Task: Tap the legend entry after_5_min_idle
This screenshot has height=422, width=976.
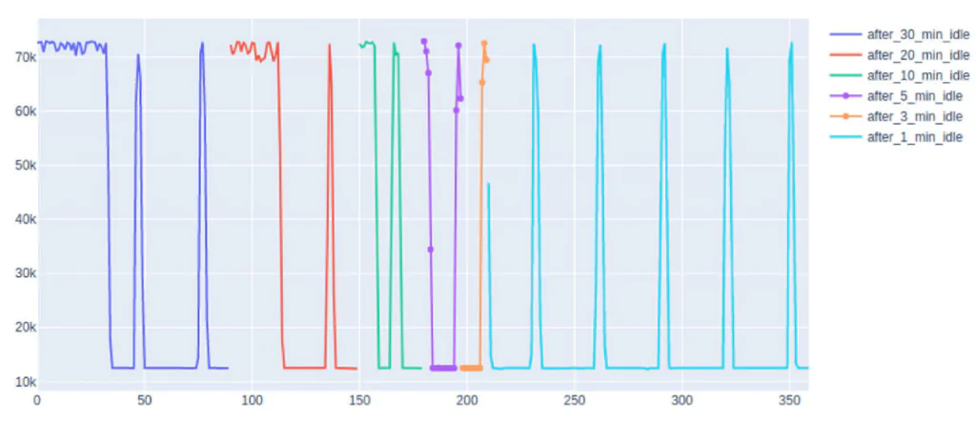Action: tap(910, 96)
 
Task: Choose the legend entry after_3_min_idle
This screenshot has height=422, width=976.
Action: tap(910, 116)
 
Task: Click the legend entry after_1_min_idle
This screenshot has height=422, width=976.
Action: tap(910, 137)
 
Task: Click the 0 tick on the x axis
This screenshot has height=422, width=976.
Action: tap(37, 401)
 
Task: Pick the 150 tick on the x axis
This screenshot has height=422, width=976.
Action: tap(359, 401)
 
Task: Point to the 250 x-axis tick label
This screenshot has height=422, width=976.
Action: tap(574, 401)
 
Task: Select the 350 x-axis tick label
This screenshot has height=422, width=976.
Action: tap(788, 401)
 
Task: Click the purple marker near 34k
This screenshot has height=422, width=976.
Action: tap(431, 250)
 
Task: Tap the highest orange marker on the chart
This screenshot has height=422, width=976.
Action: tap(484, 44)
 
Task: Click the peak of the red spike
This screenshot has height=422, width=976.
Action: tap(330, 45)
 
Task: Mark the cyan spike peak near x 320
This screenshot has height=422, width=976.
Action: tap(727, 49)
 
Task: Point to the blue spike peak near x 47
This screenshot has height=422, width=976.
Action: tap(138, 54)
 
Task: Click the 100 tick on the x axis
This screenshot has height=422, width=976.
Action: tap(252, 401)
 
